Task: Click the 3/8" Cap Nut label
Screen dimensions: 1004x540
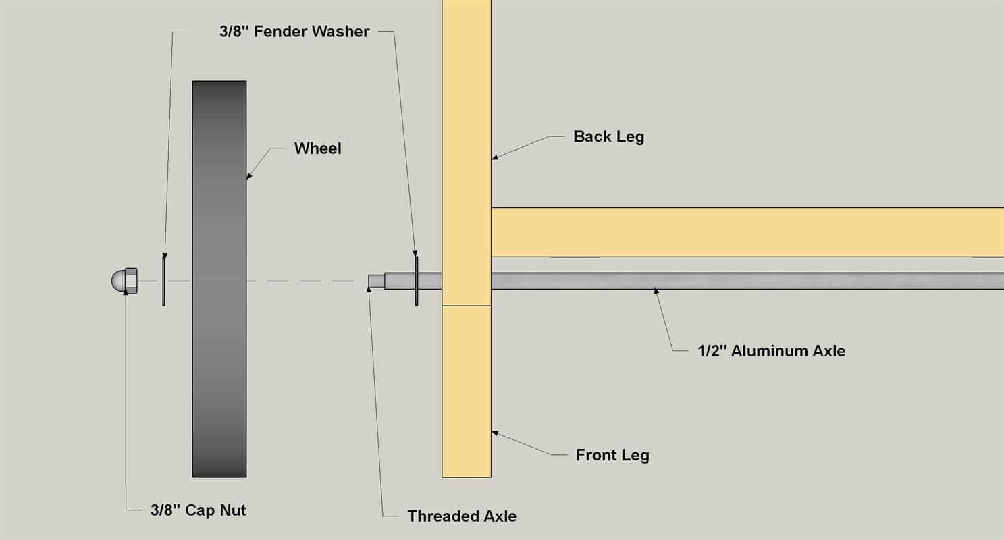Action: pos(198,510)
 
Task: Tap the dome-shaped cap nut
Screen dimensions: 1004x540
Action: pos(124,281)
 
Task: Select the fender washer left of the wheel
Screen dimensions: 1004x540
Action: pos(163,281)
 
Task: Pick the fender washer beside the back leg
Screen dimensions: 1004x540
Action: pos(417,281)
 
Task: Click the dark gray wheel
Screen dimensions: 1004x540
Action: pos(219,279)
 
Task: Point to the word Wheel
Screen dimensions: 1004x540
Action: pos(318,148)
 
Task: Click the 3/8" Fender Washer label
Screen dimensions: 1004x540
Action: pos(294,31)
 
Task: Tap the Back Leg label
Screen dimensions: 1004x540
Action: pos(608,136)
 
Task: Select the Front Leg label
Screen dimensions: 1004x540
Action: pos(612,455)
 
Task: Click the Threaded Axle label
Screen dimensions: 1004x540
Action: pos(462,516)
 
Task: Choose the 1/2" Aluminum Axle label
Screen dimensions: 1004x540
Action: pos(771,351)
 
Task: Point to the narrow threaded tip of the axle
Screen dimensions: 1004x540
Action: pos(377,281)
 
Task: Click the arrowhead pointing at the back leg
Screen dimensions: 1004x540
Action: pos(496,157)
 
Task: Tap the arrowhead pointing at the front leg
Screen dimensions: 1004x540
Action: pos(496,433)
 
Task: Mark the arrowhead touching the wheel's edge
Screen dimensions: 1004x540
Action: pos(249,176)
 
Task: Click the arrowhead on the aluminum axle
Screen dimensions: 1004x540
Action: pos(656,292)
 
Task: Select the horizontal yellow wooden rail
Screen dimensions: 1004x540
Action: pos(747,232)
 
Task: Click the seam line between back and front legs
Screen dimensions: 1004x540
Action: pos(467,306)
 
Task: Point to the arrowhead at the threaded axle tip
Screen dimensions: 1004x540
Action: pos(369,289)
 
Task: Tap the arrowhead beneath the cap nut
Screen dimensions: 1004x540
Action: pos(126,292)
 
